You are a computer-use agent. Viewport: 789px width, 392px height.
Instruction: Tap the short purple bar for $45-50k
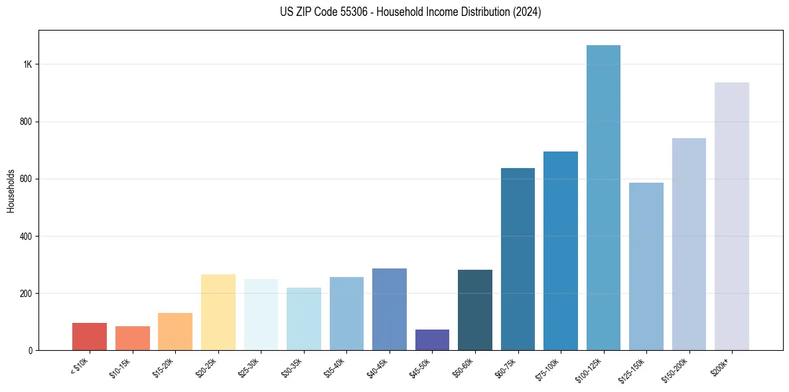click(432, 340)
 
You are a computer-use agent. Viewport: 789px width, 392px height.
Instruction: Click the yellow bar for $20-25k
click(218, 312)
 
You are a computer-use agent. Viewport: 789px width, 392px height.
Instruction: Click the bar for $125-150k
click(646, 266)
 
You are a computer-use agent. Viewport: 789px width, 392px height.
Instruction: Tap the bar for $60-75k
click(518, 259)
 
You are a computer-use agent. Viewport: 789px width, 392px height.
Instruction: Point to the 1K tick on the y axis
click(28, 64)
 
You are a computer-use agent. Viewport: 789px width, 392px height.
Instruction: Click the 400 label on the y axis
click(27, 236)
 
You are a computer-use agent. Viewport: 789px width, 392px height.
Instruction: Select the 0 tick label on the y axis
click(31, 350)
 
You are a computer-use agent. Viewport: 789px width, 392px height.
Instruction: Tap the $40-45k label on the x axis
click(378, 366)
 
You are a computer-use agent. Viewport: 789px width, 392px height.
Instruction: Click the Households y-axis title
click(11, 191)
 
